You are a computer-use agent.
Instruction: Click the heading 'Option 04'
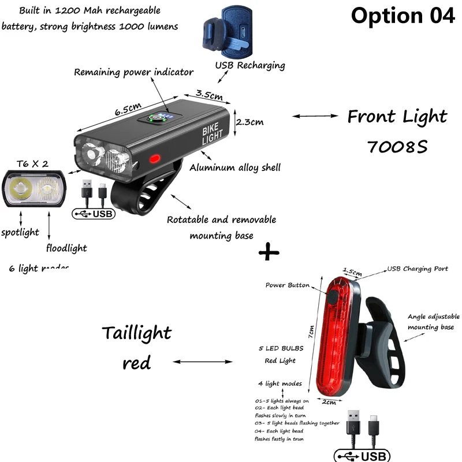pyautogui.click(x=403, y=16)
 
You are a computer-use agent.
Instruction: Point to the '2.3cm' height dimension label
pyautogui.click(x=251, y=121)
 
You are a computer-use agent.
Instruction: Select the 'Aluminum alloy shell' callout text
pyautogui.click(x=235, y=168)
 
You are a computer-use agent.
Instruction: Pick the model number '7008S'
pyautogui.click(x=397, y=147)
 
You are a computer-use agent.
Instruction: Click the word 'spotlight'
pyautogui.click(x=20, y=232)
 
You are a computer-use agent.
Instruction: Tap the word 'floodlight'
pyautogui.click(x=66, y=248)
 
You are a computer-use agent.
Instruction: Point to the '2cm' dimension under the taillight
pyautogui.click(x=329, y=401)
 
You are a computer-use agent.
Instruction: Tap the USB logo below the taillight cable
pyautogui.click(x=362, y=456)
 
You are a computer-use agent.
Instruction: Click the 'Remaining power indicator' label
pyautogui.click(x=133, y=72)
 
